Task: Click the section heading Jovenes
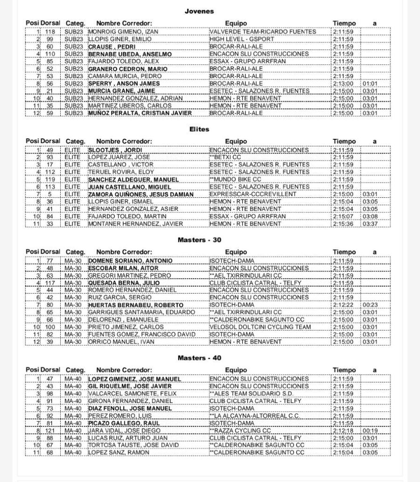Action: click(x=199, y=11)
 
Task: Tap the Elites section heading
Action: click(x=199, y=129)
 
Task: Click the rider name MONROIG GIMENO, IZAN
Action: click(x=122, y=32)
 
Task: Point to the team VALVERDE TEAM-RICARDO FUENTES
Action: click(x=263, y=32)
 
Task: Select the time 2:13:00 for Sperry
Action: click(x=343, y=84)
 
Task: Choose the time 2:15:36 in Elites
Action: click(x=343, y=224)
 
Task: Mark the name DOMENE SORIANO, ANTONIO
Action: click(x=130, y=260)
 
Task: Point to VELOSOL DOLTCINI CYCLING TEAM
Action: click(x=260, y=327)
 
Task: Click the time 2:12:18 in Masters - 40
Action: click(x=343, y=430)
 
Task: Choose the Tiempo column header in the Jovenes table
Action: click(x=344, y=23)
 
